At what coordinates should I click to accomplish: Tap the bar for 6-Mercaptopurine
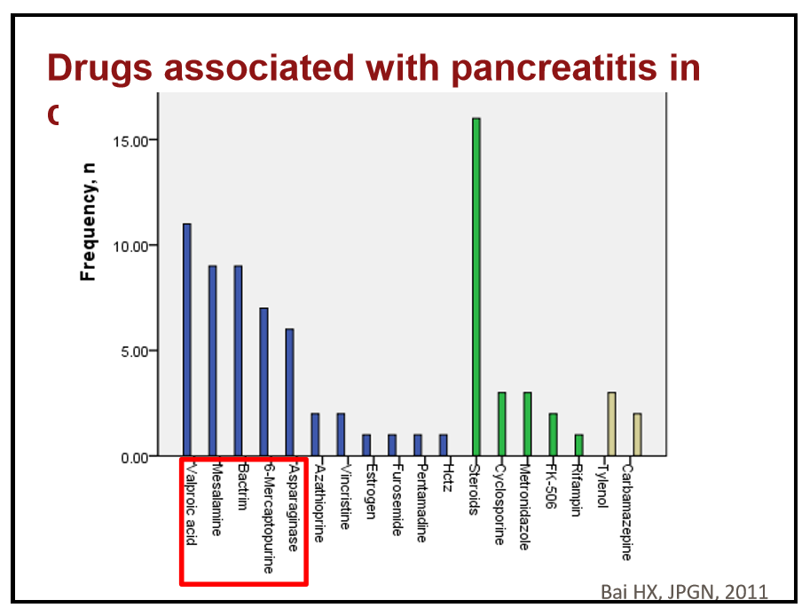263,382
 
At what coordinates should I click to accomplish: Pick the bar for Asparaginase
289,392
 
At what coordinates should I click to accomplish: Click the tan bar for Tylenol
611,424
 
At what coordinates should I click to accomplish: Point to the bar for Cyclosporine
502,424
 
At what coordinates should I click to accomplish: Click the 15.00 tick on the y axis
134,140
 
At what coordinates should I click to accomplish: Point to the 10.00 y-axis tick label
134,246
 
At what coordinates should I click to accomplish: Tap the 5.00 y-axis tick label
138,351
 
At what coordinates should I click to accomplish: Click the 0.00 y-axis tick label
138,457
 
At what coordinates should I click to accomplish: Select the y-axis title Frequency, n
89,222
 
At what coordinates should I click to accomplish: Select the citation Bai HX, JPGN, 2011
683,592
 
